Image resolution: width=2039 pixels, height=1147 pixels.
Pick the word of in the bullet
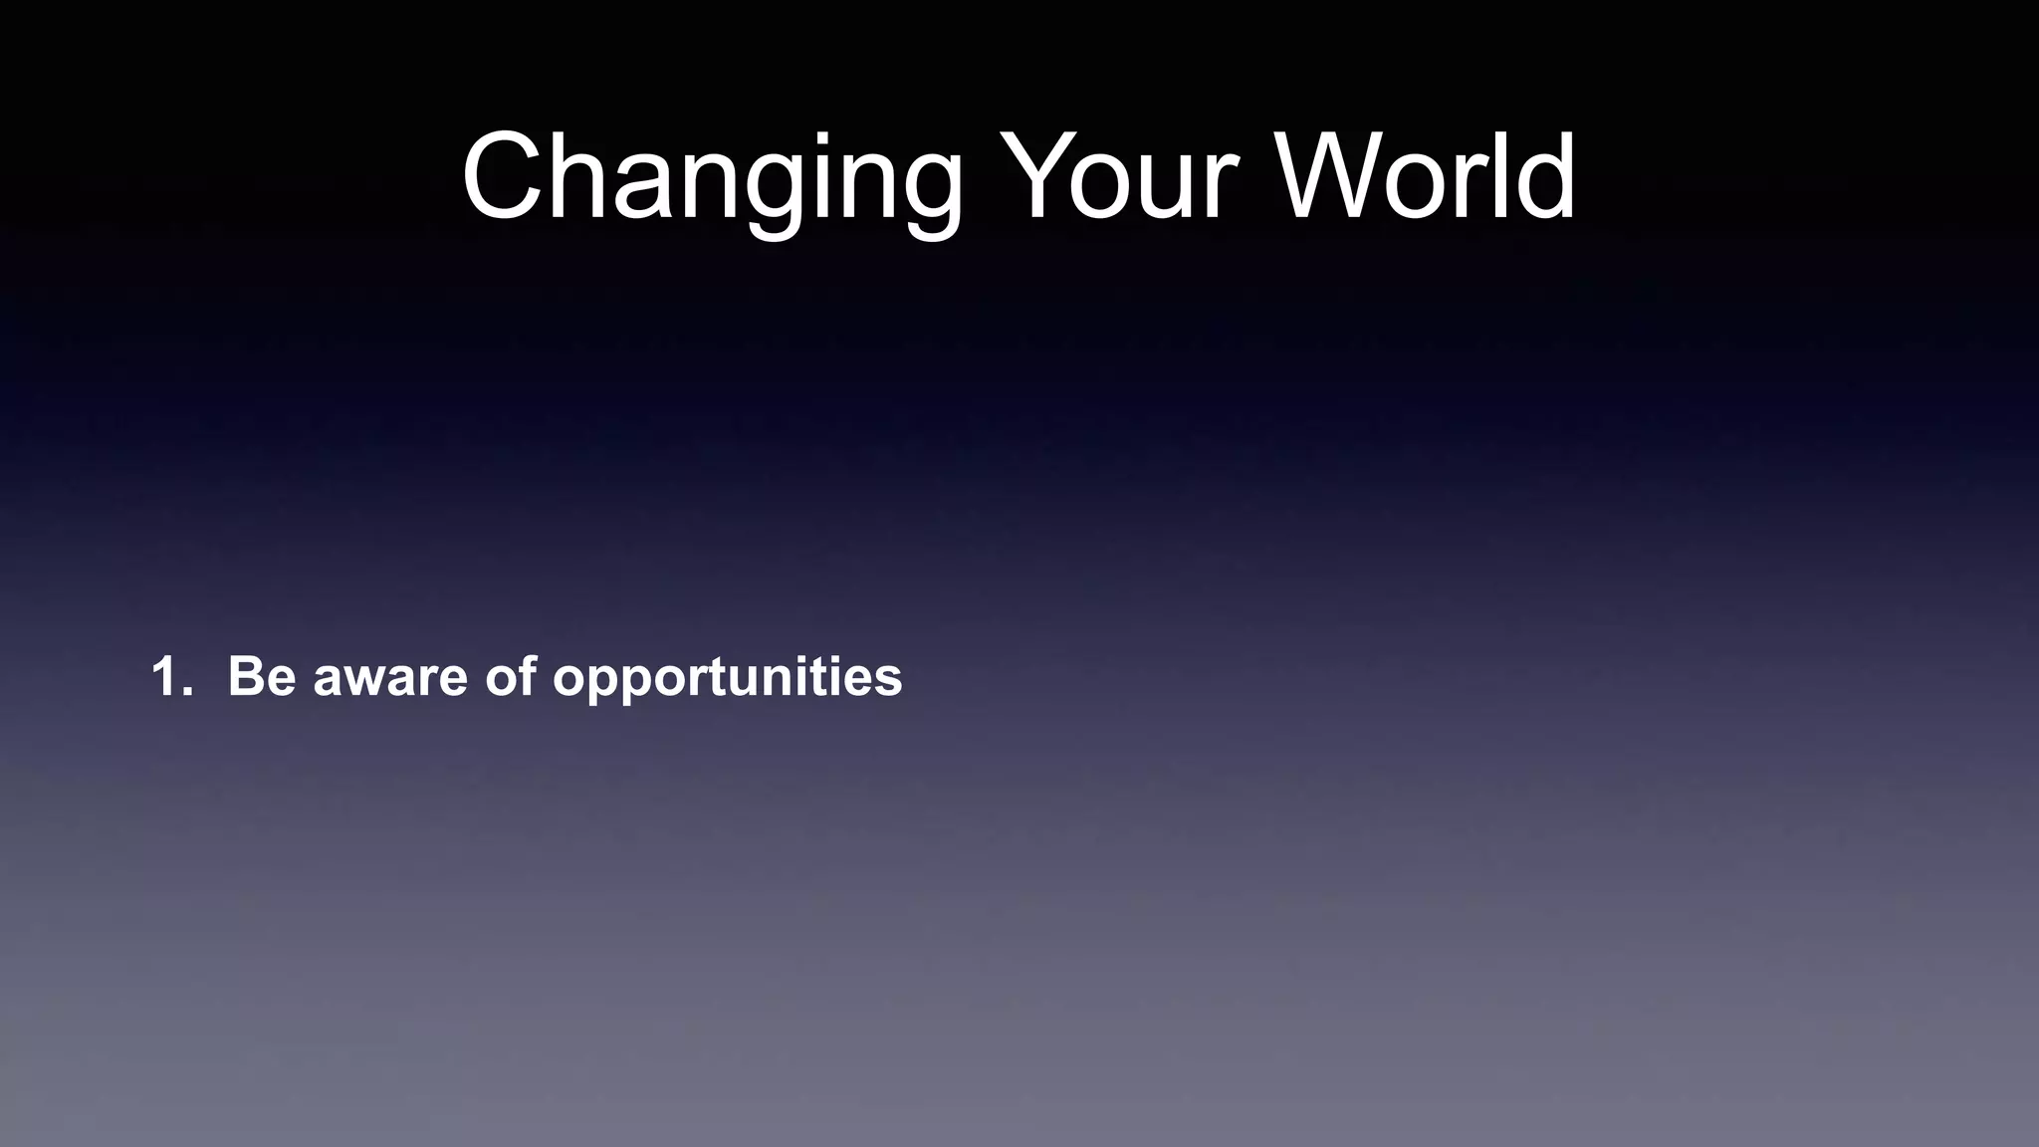[511, 677]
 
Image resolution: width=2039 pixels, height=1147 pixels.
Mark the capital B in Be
[246, 677]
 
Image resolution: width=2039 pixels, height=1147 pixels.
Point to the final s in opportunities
[888, 681]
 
